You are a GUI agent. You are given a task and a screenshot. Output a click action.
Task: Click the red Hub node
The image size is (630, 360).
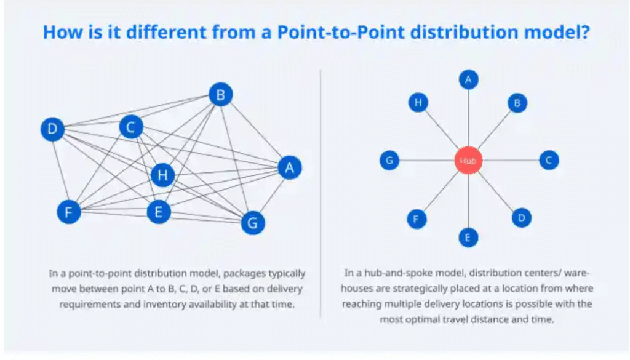(468, 161)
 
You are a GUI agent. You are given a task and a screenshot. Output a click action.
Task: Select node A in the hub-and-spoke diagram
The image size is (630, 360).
(468, 79)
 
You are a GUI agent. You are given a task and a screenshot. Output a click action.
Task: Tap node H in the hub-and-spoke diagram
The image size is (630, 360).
(418, 103)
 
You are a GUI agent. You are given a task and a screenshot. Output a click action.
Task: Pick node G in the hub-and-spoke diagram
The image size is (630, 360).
(389, 161)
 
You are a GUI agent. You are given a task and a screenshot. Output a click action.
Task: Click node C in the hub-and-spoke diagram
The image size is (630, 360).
(549, 161)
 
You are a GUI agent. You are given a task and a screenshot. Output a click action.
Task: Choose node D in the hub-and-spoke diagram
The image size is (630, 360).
(521, 217)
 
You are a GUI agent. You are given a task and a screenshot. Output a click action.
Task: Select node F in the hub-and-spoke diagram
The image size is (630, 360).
(417, 218)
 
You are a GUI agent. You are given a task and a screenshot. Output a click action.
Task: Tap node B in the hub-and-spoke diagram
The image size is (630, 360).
(517, 103)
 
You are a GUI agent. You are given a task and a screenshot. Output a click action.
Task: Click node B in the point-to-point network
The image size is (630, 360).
(220, 95)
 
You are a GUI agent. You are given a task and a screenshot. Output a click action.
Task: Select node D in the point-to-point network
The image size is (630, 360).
(52, 129)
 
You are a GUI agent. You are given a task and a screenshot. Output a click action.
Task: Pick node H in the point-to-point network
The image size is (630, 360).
(162, 175)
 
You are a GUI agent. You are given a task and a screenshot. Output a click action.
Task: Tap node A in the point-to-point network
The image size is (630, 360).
(289, 167)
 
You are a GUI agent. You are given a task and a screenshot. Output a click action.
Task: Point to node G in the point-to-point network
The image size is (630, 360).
(252, 223)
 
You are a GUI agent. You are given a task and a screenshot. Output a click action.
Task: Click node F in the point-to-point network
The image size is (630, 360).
(69, 212)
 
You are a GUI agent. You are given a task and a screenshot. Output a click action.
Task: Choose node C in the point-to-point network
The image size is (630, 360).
(130, 127)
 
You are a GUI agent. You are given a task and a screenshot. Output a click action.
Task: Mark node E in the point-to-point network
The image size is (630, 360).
(159, 212)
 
